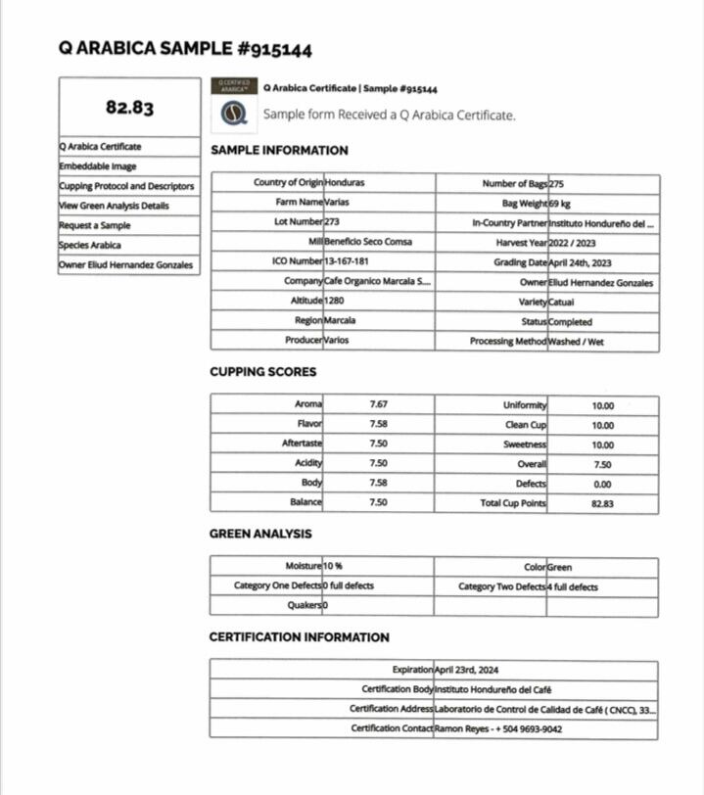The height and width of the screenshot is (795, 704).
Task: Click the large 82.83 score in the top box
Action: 129,108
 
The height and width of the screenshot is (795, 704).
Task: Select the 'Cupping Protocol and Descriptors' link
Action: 126,186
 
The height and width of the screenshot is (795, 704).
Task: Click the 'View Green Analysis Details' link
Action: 114,206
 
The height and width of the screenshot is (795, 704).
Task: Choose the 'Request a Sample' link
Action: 95,225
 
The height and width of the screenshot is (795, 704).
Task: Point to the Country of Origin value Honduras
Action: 348,183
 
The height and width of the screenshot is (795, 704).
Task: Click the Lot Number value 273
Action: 332,222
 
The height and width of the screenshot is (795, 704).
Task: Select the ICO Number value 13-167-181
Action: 347,262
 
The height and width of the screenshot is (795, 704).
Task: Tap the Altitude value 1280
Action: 336,302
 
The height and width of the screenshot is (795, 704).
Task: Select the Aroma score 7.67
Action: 378,404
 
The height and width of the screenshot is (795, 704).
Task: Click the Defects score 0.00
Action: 602,484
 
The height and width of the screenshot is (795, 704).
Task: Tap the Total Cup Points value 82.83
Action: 602,503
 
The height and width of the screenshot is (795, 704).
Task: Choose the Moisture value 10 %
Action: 333,567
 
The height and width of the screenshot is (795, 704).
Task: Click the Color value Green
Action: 560,567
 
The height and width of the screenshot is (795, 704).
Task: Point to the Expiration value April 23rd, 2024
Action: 466,670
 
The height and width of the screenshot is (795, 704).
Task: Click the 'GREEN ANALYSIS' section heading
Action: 260,534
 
